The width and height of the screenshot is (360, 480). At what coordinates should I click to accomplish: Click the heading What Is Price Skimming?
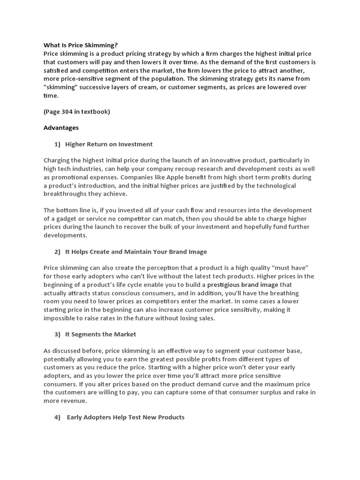81,45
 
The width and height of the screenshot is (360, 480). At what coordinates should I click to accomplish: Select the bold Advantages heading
61,127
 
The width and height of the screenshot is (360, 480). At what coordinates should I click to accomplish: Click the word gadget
68,219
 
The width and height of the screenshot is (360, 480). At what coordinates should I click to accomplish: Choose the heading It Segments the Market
101,334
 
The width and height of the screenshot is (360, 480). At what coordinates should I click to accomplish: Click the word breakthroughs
66,194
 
